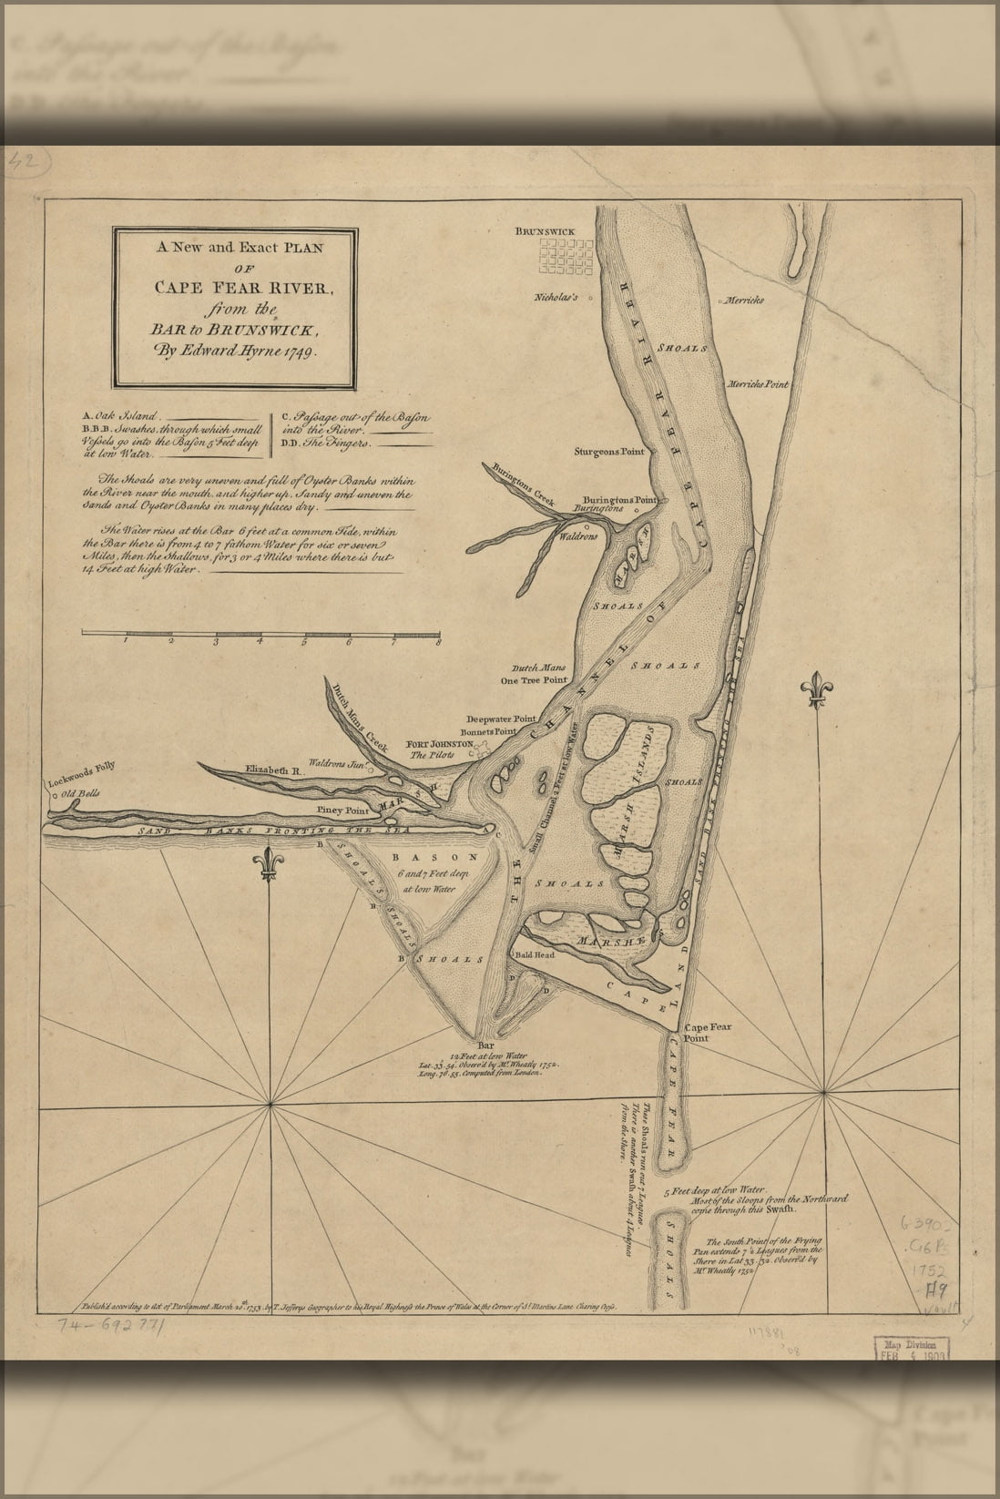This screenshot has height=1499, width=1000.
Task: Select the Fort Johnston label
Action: [x=439, y=743]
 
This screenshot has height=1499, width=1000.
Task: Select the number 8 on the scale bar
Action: [x=438, y=642]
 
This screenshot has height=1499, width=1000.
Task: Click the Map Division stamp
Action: [x=912, y=1348]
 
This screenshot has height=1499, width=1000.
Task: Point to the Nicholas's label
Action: [x=556, y=297]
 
